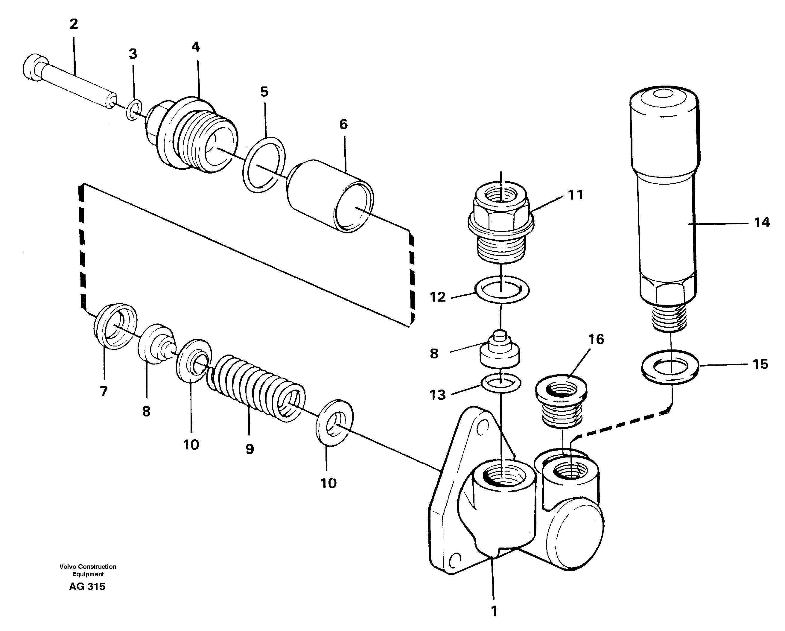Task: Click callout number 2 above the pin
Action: click(x=74, y=24)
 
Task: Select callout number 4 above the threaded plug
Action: click(x=196, y=47)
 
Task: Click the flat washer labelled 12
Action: click(x=502, y=290)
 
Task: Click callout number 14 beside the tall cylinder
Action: click(x=762, y=223)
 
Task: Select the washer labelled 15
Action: click(x=670, y=366)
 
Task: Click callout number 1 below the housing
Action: click(x=494, y=611)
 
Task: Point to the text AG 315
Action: click(x=87, y=586)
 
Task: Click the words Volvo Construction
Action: click(x=88, y=567)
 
